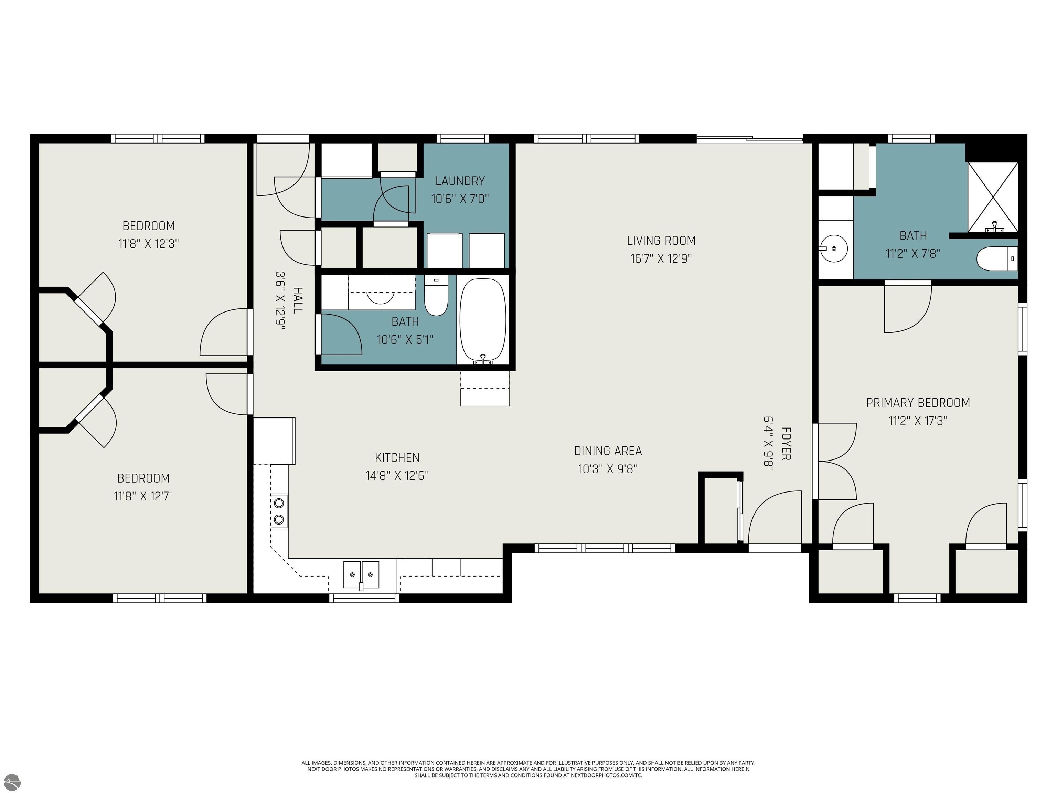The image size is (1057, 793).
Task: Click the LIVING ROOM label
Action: click(x=661, y=241)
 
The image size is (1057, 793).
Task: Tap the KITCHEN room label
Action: click(x=397, y=457)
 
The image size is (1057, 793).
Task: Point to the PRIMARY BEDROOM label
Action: click(x=918, y=402)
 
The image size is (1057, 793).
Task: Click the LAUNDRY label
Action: click(x=460, y=181)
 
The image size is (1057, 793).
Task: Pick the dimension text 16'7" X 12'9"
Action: click(x=661, y=258)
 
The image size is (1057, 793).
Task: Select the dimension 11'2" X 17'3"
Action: click(x=918, y=421)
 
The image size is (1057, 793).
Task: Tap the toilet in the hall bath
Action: click(x=436, y=296)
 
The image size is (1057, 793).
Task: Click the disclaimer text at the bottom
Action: click(x=528, y=769)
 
